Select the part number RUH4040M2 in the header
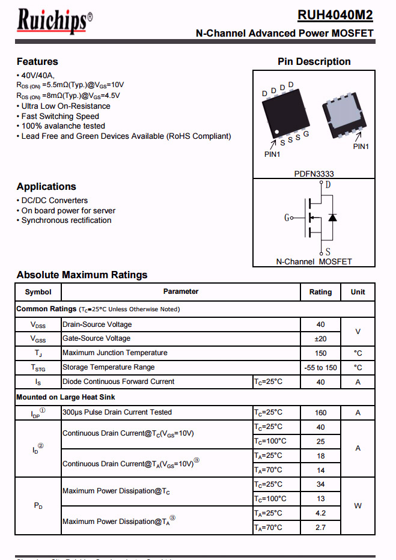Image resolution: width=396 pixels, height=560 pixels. (x=335, y=16)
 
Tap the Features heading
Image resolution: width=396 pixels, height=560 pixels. (x=37, y=61)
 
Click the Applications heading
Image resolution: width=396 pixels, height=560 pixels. (x=46, y=186)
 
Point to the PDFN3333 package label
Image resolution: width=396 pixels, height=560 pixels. (x=314, y=174)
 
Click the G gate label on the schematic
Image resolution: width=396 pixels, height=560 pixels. (x=287, y=218)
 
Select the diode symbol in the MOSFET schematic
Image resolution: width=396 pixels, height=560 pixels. (x=332, y=217)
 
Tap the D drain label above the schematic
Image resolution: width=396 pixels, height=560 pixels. (x=327, y=185)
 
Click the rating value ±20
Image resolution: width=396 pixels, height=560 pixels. (x=320, y=339)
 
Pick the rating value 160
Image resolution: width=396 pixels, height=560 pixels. (x=320, y=413)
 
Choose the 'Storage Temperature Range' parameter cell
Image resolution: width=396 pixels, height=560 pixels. (x=109, y=367)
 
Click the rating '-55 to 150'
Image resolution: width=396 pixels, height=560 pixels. (x=320, y=368)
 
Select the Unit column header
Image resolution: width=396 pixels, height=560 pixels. (x=358, y=292)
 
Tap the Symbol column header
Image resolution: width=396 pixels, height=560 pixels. (x=38, y=292)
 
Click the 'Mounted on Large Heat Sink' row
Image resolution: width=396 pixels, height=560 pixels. (x=65, y=397)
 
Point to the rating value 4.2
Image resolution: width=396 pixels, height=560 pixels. (x=320, y=513)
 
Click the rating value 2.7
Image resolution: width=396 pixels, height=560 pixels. (x=320, y=528)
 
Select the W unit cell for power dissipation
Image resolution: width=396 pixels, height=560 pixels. (x=358, y=506)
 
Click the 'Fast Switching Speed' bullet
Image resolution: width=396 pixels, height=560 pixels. (x=60, y=116)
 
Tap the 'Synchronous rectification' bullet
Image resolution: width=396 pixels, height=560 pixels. (x=66, y=221)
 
